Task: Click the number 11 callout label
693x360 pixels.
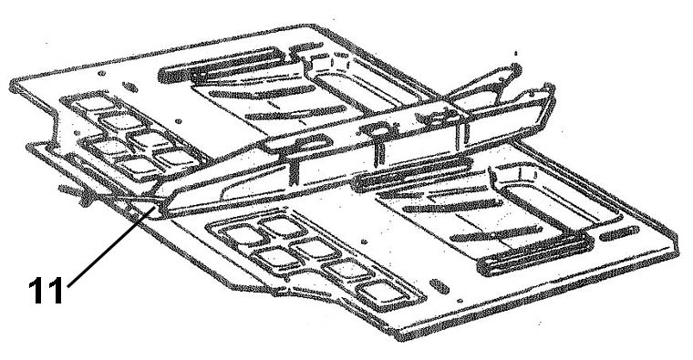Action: tap(46, 290)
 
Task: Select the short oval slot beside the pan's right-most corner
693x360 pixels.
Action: tap(619, 233)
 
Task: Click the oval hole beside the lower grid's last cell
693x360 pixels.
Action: tap(440, 286)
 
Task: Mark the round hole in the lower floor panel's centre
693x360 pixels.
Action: tap(364, 242)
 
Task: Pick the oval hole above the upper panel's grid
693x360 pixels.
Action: tap(129, 87)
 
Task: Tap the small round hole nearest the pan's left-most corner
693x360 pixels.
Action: tap(101, 73)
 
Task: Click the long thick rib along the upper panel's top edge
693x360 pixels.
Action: tap(221, 65)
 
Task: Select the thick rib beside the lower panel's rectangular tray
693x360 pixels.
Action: tap(534, 254)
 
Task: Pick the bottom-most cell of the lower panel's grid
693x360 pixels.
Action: tap(381, 292)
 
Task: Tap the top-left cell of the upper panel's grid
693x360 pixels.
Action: tap(90, 104)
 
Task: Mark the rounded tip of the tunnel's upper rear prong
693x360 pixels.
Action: tap(516, 68)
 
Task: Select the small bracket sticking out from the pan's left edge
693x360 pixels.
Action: tap(74, 192)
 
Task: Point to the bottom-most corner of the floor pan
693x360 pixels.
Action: tap(400, 335)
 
